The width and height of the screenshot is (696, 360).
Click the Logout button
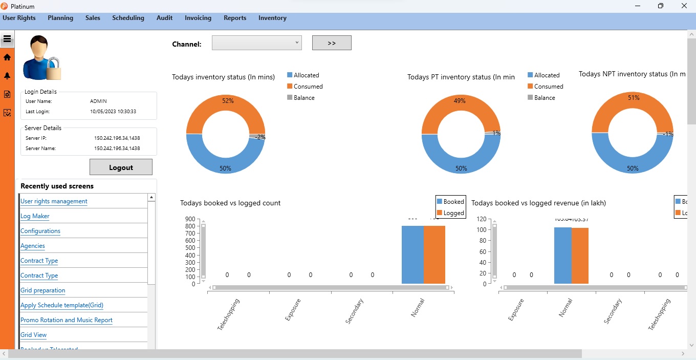click(x=121, y=167)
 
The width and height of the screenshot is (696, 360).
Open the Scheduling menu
click(x=128, y=18)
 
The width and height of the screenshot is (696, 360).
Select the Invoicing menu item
click(x=198, y=18)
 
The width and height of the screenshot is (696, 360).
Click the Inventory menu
click(x=272, y=18)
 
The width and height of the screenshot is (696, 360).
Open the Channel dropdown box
click(x=256, y=43)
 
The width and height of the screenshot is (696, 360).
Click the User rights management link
click(x=54, y=201)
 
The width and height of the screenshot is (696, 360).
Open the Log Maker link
click(x=35, y=216)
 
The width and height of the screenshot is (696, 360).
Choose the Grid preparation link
click(x=42, y=290)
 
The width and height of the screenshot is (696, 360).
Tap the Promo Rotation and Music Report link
click(x=66, y=320)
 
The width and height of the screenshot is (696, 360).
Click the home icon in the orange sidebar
click(x=7, y=57)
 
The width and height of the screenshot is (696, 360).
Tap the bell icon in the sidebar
click(x=7, y=76)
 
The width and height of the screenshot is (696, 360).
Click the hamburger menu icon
click(x=7, y=39)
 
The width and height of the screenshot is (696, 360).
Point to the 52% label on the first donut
click(x=228, y=101)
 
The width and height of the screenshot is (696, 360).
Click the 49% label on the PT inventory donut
click(x=460, y=101)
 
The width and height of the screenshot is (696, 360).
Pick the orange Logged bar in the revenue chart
click(x=580, y=256)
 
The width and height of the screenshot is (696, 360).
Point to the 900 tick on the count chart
click(x=190, y=219)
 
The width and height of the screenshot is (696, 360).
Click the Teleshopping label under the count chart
click(x=228, y=314)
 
